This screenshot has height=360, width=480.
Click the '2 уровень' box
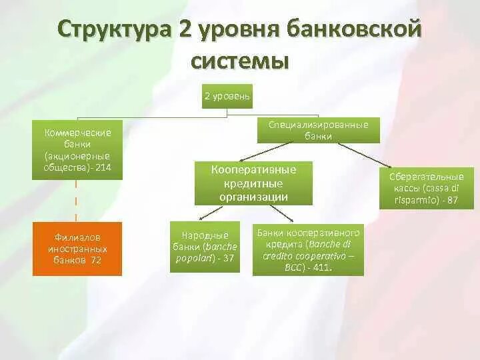(x=227, y=97)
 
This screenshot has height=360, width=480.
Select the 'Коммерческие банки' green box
(x=77, y=150)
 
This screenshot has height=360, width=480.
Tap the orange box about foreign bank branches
(x=77, y=249)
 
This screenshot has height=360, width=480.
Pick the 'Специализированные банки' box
(x=319, y=130)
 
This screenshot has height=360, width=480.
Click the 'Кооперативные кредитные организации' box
(x=253, y=183)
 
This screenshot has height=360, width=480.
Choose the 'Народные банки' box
(x=205, y=247)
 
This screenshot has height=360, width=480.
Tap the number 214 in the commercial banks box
(x=102, y=167)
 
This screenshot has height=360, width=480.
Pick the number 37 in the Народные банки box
(x=228, y=258)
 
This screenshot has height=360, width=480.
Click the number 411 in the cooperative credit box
(x=323, y=267)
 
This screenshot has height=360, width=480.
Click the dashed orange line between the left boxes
(x=77, y=200)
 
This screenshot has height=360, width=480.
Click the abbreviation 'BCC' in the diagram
(x=291, y=267)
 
